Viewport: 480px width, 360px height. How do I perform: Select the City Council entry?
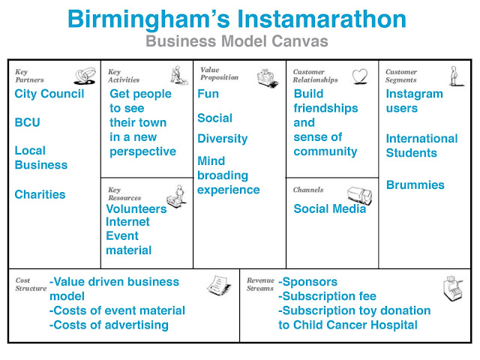point(49,94)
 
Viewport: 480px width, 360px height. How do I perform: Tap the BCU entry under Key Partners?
point(28,122)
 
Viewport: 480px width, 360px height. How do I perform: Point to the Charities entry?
point(40,195)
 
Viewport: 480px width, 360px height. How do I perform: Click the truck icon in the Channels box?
point(360,193)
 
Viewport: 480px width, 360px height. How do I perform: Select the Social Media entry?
point(329,209)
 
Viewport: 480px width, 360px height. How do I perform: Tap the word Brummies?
point(415,184)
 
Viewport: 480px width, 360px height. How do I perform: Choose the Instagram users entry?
point(415,101)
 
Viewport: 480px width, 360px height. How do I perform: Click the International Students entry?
point(421,145)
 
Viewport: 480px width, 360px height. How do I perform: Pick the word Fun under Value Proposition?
point(208,94)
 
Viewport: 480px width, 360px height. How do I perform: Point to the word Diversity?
point(222,139)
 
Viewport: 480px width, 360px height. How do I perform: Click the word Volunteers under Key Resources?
point(136,209)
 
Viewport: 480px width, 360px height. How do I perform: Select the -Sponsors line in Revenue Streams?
point(307,282)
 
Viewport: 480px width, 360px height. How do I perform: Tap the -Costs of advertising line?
point(109,325)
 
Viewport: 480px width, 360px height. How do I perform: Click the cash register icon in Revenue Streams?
point(452,286)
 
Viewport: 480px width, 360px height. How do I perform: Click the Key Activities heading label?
point(124,76)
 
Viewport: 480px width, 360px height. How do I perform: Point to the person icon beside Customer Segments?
point(452,76)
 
